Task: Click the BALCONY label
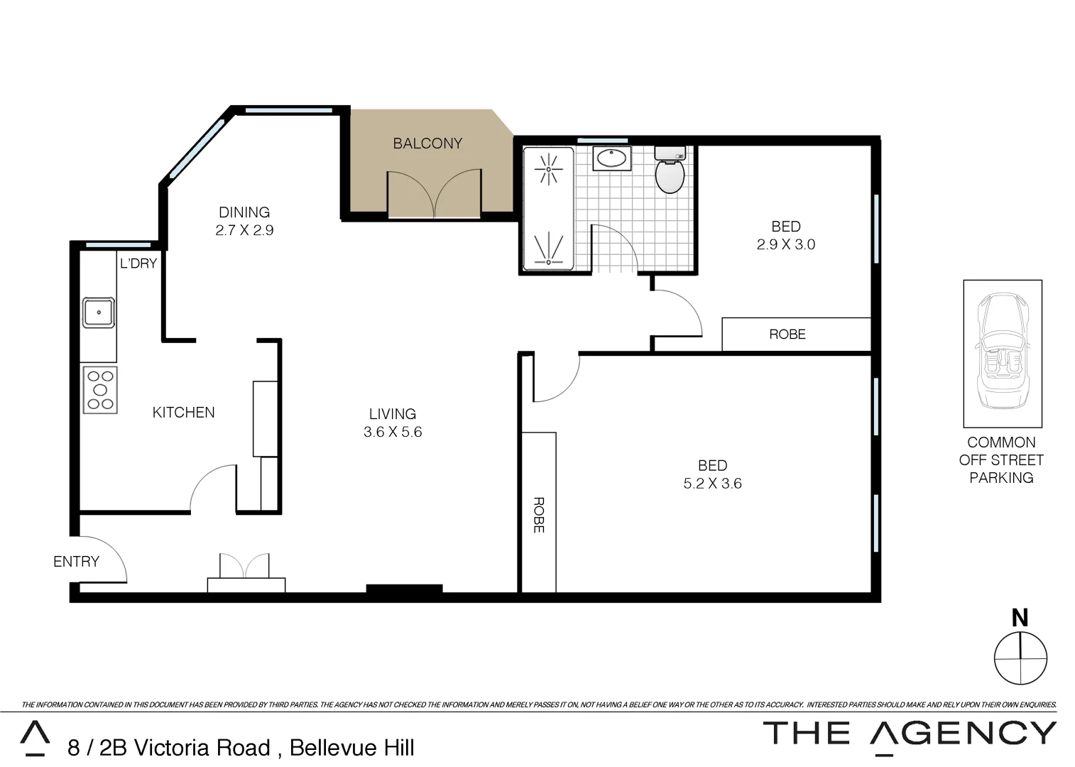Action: [427, 143]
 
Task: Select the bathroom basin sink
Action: [611, 158]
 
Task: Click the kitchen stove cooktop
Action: [99, 389]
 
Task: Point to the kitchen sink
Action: [99, 312]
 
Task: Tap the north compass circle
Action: [1020, 658]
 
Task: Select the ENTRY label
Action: [76, 562]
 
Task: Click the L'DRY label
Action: [138, 263]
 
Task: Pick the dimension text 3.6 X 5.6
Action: [393, 432]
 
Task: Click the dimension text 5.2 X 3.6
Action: [712, 484]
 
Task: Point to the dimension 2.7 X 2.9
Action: [244, 230]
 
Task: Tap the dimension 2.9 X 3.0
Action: [785, 244]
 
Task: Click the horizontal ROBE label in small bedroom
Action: [787, 334]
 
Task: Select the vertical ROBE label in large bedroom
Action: [538, 515]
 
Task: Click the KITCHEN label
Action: [183, 413]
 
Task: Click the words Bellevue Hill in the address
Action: [352, 748]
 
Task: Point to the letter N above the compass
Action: [1020, 618]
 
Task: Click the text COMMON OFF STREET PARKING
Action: [1001, 460]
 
